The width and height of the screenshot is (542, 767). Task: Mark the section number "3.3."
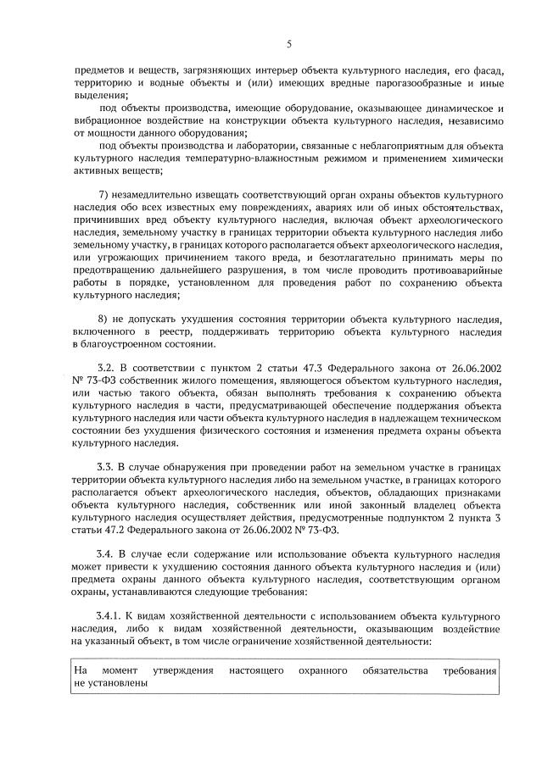coord(108,468)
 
